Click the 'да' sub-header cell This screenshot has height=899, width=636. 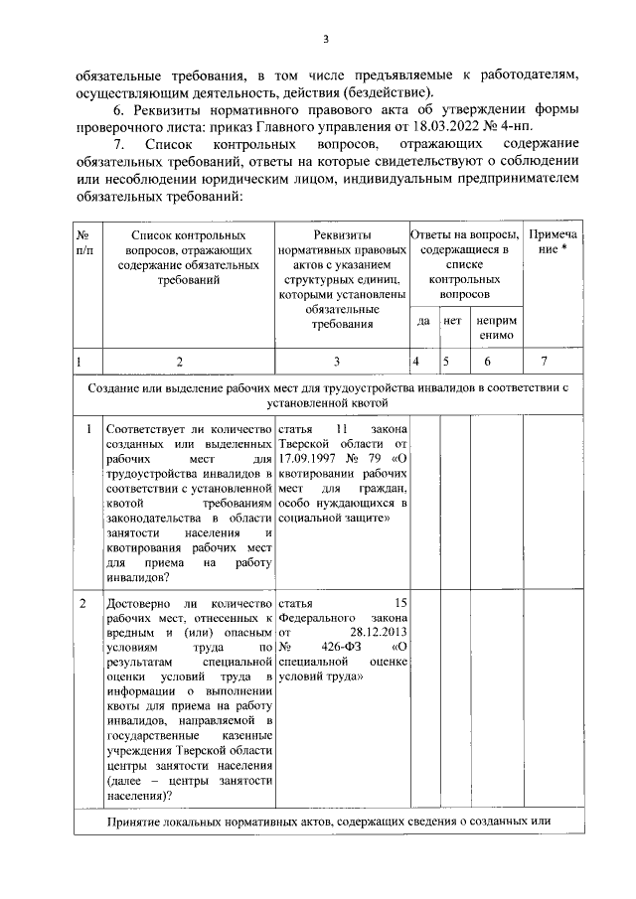pos(423,322)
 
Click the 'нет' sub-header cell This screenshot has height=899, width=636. pos(452,322)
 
